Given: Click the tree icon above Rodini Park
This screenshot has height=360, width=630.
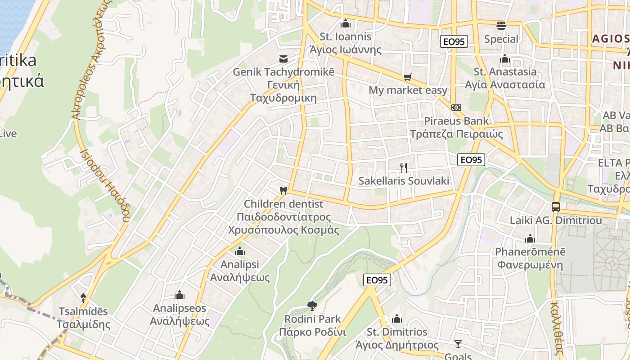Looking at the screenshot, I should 312,306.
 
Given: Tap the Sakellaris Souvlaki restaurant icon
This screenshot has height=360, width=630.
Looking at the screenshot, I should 404,168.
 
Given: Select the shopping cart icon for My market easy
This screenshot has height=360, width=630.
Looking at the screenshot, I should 408,77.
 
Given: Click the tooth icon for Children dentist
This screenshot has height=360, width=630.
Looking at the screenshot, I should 283,190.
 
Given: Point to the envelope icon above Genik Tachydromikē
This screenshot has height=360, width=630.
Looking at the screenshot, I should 283,59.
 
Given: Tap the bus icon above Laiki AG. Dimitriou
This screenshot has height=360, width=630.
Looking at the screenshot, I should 556,207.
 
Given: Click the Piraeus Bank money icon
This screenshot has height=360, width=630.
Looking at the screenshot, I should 456,108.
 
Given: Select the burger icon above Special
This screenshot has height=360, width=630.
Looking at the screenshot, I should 501,26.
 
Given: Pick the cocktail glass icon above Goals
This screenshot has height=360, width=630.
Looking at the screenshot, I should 458,344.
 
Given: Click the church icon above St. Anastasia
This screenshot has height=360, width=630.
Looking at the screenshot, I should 505,59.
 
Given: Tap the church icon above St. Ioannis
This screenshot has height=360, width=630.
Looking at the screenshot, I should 346,23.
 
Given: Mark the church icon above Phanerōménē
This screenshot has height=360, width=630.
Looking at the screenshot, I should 530,238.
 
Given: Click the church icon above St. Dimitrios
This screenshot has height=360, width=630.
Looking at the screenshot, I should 397,319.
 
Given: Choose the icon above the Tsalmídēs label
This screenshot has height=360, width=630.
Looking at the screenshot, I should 83,297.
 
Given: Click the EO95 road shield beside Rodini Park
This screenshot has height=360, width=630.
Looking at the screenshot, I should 377,280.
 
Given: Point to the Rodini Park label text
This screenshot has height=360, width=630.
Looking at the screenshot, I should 313,319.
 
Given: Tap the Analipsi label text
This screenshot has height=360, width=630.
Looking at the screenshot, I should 240,264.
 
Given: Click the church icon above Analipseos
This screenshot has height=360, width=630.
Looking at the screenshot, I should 180,295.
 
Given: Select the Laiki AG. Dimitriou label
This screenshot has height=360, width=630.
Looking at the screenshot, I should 556,220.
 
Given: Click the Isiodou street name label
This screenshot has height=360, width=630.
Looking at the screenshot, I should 105,185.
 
